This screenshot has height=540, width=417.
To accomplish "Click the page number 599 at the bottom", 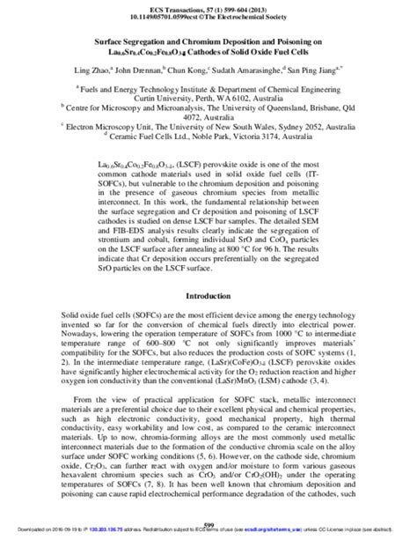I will [208, 525].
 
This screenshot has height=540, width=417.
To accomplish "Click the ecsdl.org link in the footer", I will [265, 534].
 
